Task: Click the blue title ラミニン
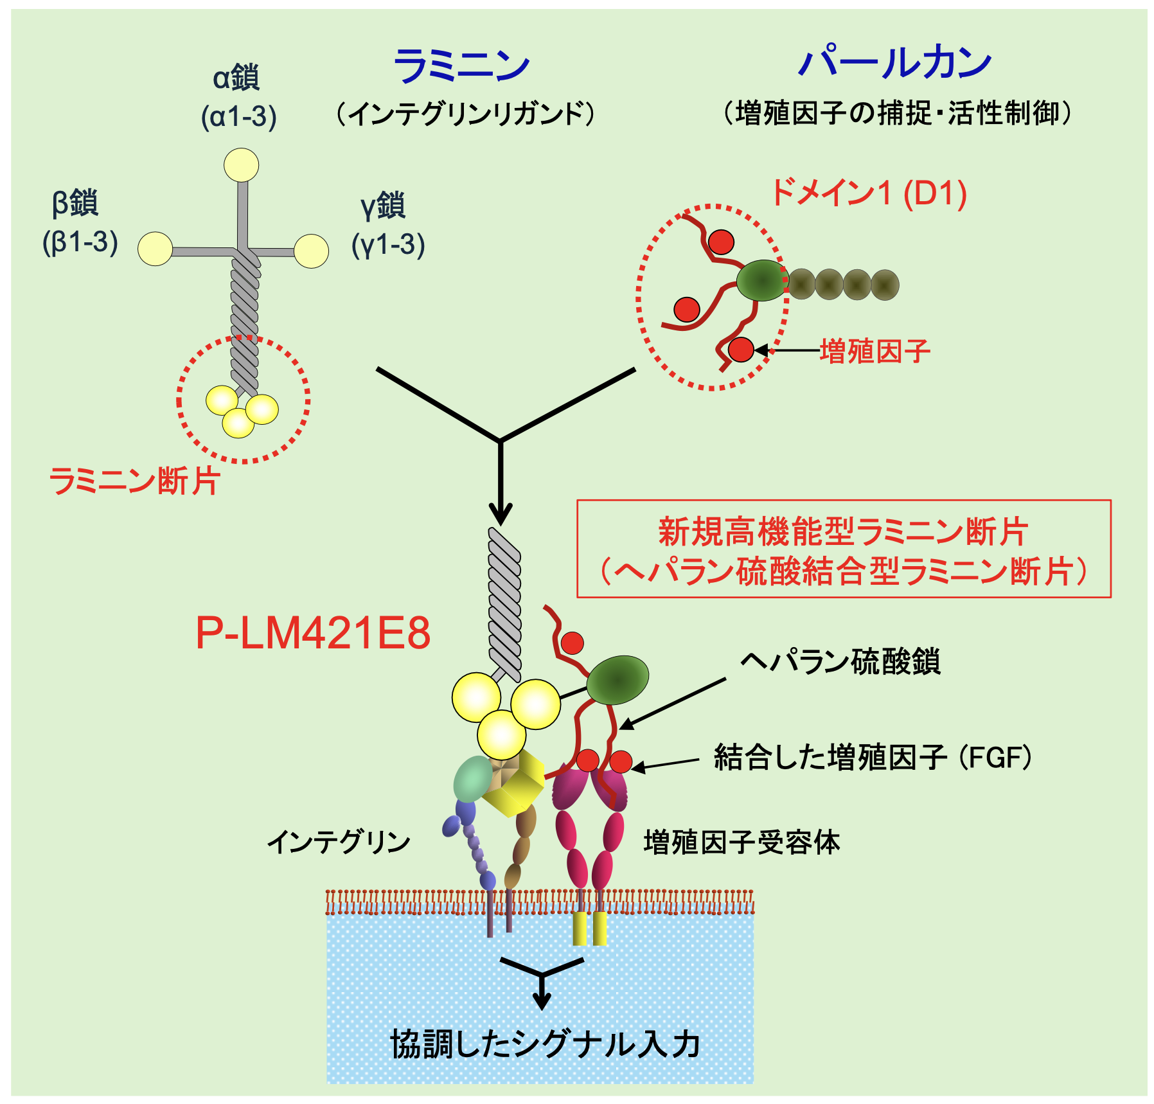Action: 461,66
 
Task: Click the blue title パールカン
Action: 894,64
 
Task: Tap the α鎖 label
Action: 236,78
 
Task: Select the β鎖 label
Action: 75,202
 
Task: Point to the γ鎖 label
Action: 383,206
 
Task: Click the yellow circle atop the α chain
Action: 242,165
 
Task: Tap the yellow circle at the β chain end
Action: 155,249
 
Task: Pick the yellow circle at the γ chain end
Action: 312,251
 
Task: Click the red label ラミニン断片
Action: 134,481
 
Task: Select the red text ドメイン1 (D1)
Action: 869,193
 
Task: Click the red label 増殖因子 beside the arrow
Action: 875,352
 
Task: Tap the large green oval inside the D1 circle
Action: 762,280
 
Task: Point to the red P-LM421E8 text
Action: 313,633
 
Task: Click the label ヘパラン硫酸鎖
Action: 840,662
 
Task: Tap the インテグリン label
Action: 339,842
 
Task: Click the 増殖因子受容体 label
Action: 742,842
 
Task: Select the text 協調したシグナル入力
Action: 545,1044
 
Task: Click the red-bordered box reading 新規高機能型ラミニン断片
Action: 844,549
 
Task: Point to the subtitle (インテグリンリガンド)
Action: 465,114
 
